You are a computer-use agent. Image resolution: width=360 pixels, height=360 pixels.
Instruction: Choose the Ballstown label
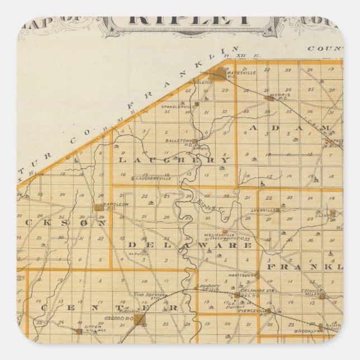click(179, 141)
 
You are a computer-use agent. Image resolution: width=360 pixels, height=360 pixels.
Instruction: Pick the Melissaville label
click(219, 234)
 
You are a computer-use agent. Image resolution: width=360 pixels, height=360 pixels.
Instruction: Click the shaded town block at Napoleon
click(98, 207)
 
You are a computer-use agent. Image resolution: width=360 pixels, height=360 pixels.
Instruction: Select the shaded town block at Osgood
click(139, 319)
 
